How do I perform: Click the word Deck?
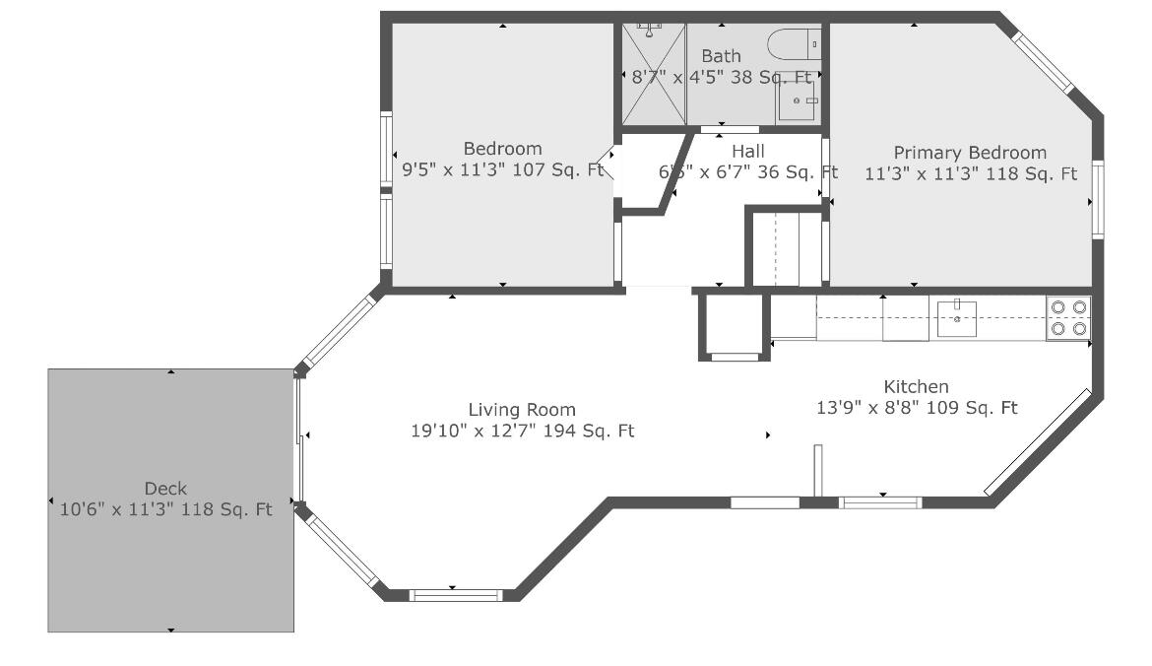165,489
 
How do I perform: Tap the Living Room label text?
522,410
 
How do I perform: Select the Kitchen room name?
916,387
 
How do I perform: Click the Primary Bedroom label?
970,153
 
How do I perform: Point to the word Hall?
748,152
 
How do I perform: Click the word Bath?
721,56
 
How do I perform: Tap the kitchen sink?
957,317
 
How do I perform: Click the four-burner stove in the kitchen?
1068,317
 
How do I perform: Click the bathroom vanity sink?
799,101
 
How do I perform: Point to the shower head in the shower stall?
650,31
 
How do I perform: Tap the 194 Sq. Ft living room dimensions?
522,431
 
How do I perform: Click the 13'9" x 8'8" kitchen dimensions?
916,408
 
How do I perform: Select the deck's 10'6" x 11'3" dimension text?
165,509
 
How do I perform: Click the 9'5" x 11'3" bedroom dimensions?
502,169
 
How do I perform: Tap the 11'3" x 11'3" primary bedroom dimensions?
970,174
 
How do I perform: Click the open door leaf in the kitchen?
817,472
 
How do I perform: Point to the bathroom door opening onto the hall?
730,129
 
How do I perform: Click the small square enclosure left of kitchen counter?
732,325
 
